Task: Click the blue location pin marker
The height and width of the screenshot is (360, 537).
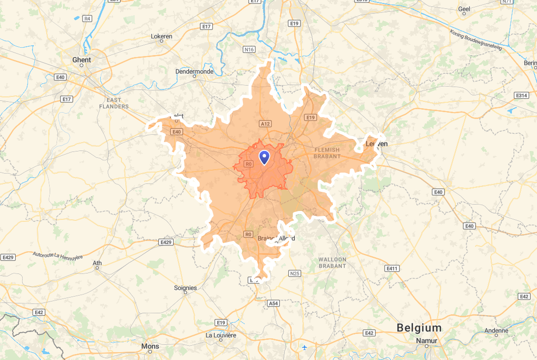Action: [265, 157]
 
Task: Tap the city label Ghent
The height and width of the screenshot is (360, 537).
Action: [82, 60]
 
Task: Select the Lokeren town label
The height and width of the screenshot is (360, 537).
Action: [161, 36]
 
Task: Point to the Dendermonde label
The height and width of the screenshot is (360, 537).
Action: [194, 71]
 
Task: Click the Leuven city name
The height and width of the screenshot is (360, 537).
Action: [377, 144]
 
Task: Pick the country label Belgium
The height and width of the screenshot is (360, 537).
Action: [419, 328]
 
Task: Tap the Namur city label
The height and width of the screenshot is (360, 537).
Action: [426, 340]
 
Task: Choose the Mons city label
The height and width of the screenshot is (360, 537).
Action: [150, 346]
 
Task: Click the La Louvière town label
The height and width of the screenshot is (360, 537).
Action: [221, 335]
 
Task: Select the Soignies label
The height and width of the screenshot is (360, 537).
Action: [185, 288]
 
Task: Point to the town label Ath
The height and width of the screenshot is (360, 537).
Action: [97, 263]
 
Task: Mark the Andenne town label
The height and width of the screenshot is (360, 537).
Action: [496, 330]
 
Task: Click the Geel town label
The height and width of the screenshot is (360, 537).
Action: [464, 9]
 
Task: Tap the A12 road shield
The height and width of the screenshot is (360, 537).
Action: [265, 124]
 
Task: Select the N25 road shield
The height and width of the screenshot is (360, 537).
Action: [295, 273]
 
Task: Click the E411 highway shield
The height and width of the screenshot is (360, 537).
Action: [392, 269]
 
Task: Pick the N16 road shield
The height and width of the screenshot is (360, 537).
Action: [249, 49]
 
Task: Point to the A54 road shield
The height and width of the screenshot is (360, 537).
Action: [273, 303]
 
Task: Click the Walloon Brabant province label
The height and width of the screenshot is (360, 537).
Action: [332, 263]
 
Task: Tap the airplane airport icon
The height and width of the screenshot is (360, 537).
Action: [305, 347]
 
